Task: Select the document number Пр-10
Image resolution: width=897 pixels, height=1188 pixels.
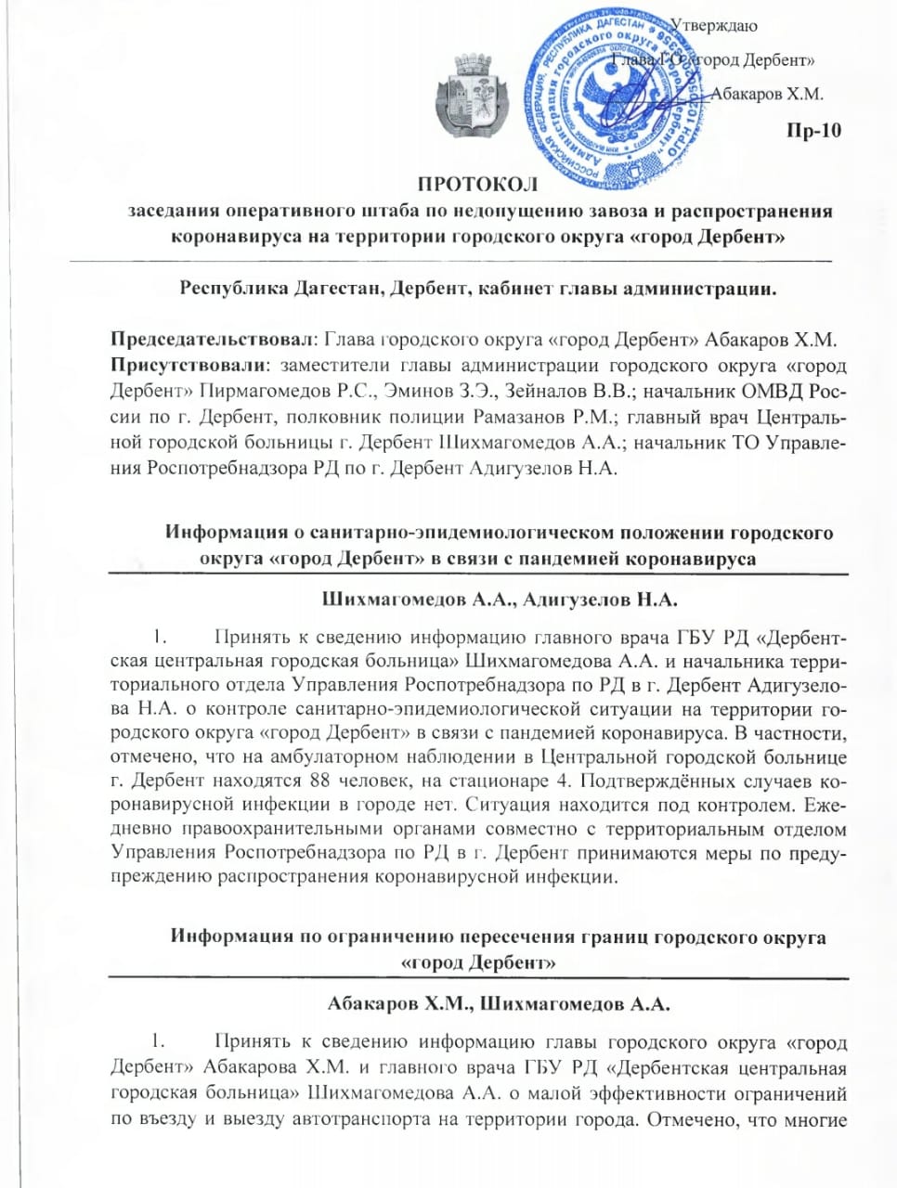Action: click(x=813, y=130)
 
